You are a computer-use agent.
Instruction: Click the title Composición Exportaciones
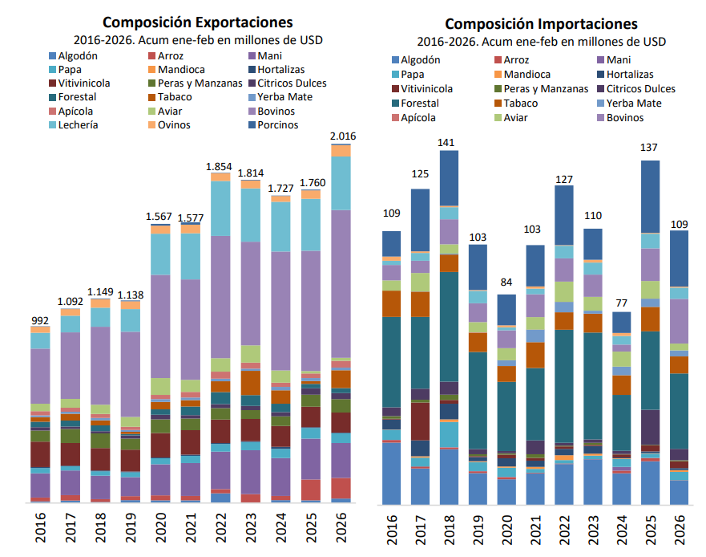[197, 22]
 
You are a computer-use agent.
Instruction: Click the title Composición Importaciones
[541, 24]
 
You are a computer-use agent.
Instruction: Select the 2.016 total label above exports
[342, 136]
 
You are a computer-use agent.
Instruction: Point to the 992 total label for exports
[40, 319]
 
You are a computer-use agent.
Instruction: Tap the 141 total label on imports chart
[446, 143]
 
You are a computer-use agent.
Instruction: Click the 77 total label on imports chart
[622, 303]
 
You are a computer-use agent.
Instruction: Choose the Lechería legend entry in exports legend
[79, 124]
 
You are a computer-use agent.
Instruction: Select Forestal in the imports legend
[426, 103]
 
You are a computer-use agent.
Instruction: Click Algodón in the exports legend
[79, 55]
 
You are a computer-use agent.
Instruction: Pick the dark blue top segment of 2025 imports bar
[650, 197]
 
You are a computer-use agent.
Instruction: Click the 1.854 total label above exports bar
[219, 166]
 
